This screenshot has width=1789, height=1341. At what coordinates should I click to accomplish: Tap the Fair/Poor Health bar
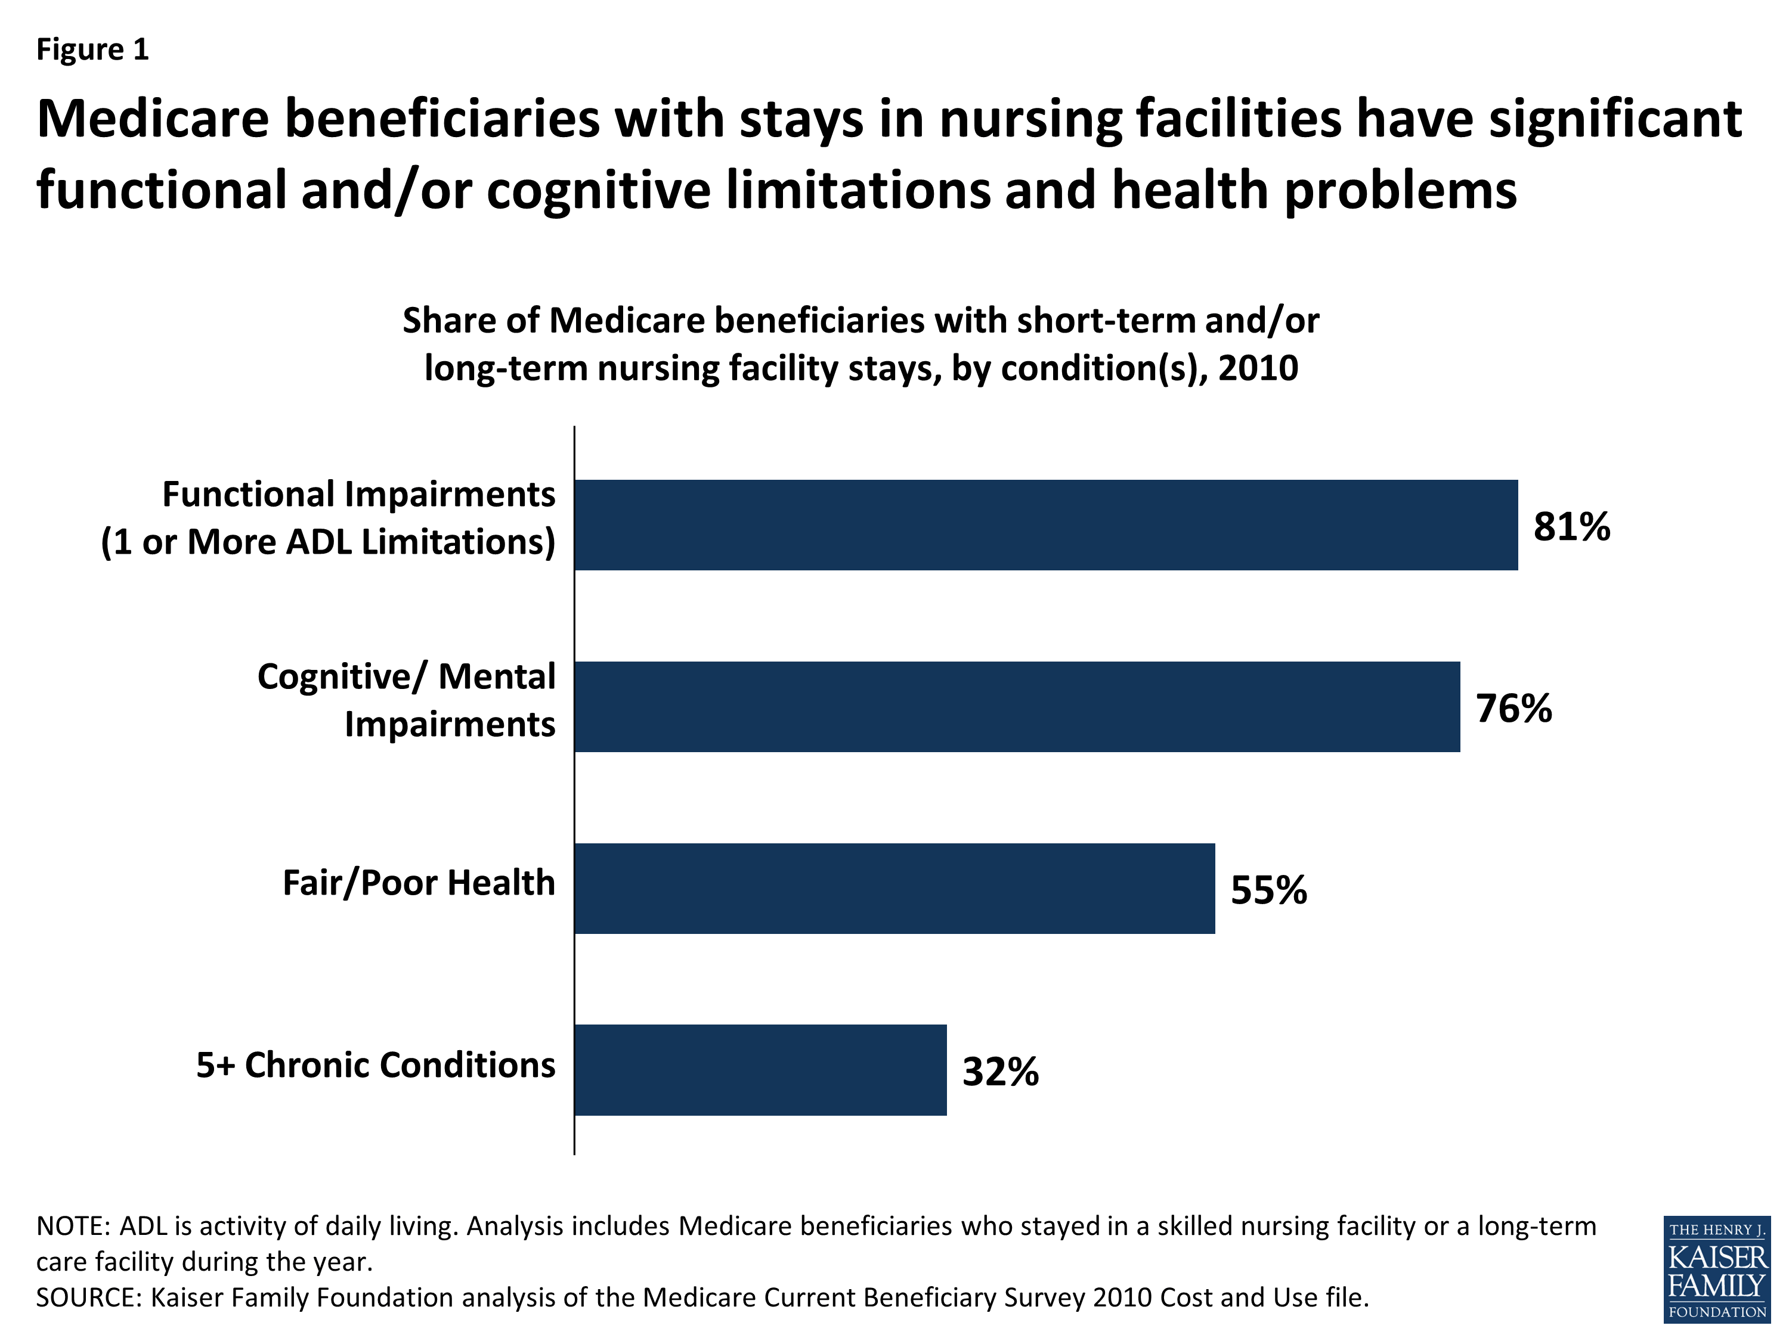(894, 889)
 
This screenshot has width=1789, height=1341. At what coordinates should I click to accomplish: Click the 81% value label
(1571, 526)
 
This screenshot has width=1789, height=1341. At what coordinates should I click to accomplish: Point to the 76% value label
(1513, 708)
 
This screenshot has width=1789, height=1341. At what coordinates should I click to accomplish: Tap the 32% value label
(999, 1072)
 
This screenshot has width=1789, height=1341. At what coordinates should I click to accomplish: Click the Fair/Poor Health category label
(418, 883)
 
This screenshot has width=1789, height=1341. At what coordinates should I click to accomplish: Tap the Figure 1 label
(92, 49)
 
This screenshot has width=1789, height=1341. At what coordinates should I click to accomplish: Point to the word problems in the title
(1400, 191)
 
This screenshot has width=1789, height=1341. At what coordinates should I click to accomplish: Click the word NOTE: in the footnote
(73, 1226)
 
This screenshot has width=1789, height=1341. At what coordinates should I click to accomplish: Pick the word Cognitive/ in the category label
(341, 676)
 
